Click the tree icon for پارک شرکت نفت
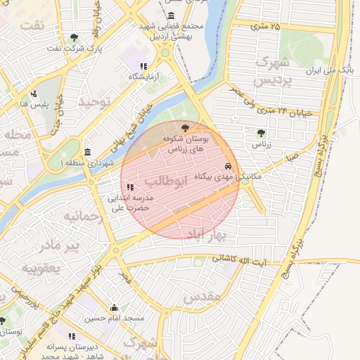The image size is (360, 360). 75,37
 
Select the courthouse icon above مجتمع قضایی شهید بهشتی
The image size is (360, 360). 172,15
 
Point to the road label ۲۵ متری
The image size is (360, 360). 265,27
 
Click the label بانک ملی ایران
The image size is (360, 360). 325,72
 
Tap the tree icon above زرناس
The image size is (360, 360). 262,131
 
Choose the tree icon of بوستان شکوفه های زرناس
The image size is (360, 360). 185,128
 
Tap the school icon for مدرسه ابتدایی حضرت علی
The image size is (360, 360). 129,187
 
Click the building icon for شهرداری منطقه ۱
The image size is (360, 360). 87,152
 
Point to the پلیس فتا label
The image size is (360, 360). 33,104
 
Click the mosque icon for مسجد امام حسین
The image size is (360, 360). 114,307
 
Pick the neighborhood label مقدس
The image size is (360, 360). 202,297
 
